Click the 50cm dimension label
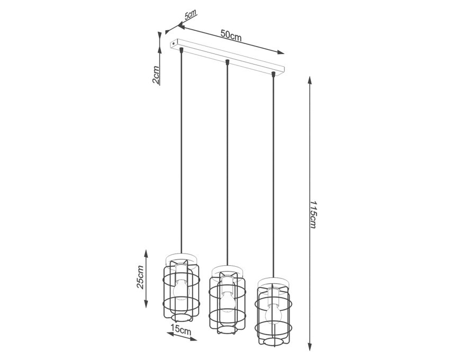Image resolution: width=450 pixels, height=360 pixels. (231, 35)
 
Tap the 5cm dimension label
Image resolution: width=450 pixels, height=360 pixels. (190, 14)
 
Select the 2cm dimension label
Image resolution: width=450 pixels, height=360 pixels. (156, 75)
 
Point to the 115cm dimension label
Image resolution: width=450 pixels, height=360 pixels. (313, 214)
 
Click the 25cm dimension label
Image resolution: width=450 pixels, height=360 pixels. (140, 277)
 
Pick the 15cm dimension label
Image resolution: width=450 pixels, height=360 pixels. (181, 329)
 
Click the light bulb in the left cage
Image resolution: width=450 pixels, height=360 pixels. (180, 290)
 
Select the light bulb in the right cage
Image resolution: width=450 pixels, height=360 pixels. (273, 313)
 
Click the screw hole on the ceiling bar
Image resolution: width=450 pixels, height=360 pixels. (174, 43)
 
